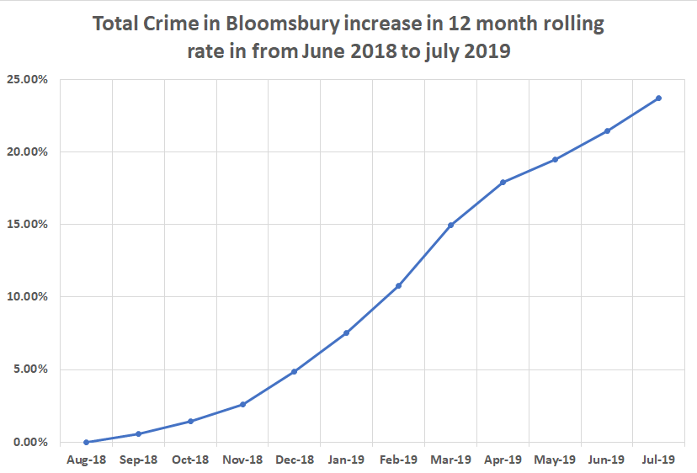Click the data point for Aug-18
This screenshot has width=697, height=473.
pos(87,442)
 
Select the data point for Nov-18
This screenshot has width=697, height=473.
pos(242,404)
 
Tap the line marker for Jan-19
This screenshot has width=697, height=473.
pos(347,333)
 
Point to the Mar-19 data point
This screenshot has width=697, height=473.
pos(451,225)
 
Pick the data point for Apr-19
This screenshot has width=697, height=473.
pos(503,182)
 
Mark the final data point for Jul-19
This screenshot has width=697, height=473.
pos(658,98)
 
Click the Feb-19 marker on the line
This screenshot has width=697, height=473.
pos(399,286)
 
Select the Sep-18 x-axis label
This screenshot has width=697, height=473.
pos(139,460)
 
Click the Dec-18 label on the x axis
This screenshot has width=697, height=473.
pos(295,460)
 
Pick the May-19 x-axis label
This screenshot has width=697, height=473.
pos(555,460)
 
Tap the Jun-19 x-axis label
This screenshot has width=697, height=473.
pos(607,460)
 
